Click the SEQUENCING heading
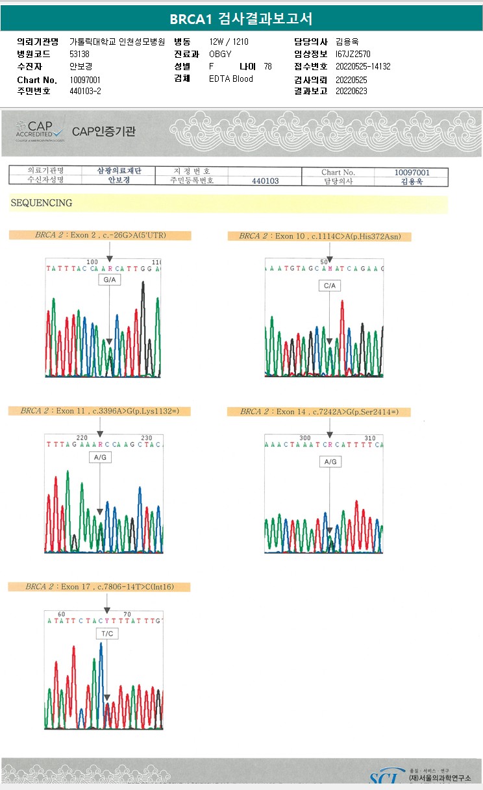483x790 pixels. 41,203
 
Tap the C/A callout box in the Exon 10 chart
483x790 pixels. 329,286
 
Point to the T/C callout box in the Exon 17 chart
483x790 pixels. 106,633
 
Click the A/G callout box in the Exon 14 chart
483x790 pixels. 330,462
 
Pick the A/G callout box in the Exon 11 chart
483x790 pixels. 100,457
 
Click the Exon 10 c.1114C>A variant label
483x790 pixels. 319,236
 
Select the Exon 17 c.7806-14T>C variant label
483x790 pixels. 99,587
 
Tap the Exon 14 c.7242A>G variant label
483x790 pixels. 319,412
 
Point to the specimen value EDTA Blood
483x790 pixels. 231,79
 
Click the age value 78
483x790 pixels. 267,67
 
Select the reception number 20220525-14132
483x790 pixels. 363,67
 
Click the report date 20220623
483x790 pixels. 351,92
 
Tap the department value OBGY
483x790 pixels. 220,54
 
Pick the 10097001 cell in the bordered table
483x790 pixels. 412,172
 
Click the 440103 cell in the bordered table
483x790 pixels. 265,181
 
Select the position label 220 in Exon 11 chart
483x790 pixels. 82,438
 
